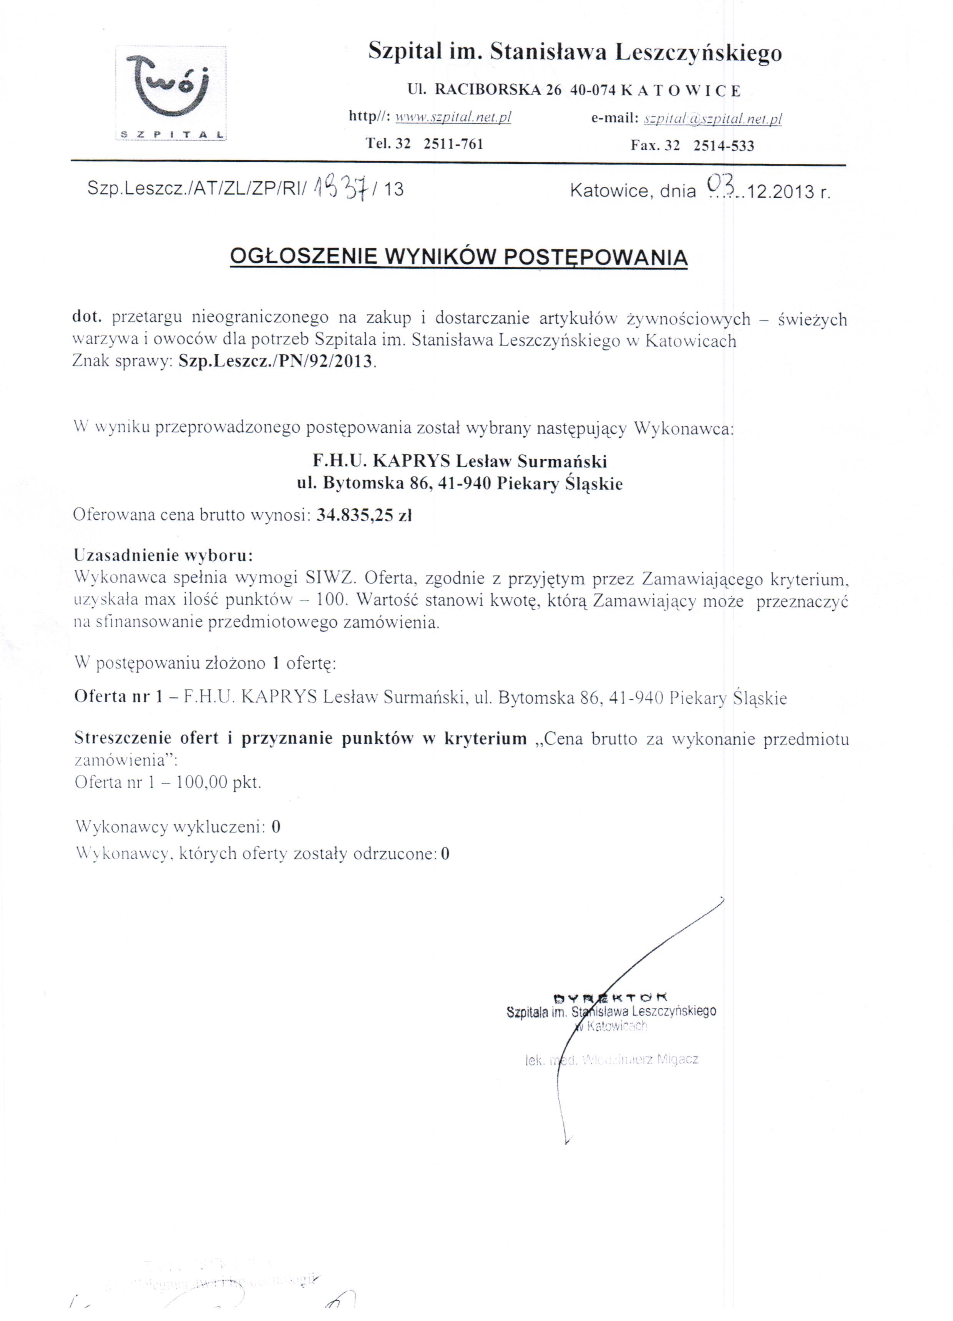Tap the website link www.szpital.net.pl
[453, 117]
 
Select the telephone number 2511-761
[453, 144]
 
